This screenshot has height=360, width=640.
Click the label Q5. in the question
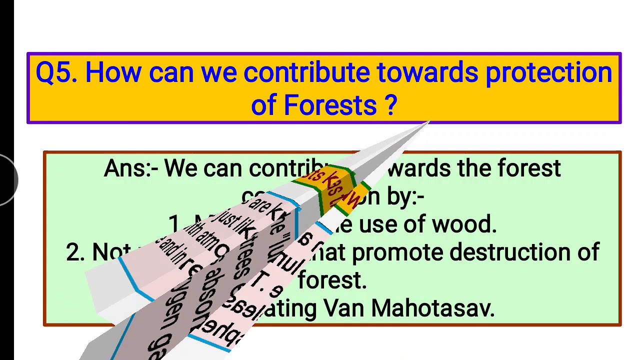[x=56, y=73]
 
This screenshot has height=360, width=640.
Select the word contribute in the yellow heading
[x=306, y=73]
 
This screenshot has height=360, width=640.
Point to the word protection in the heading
[x=548, y=73]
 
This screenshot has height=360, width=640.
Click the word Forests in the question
[x=330, y=105]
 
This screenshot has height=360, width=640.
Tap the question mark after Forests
[x=391, y=105]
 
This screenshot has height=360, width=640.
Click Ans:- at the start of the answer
[x=131, y=169]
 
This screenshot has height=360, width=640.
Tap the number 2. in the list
[x=76, y=253]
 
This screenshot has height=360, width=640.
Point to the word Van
[x=343, y=308]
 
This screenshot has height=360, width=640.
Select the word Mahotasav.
[x=432, y=308]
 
